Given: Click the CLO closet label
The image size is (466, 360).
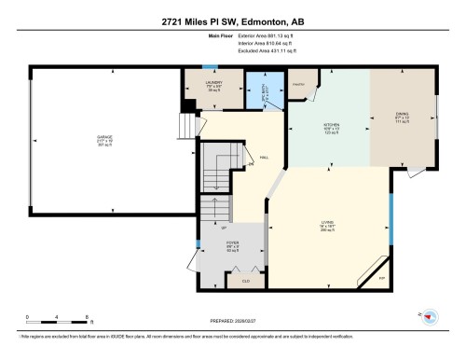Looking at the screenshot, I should pyautogui.click(x=245, y=281).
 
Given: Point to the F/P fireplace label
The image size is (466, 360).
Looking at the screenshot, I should pyautogui.click(x=382, y=277).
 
